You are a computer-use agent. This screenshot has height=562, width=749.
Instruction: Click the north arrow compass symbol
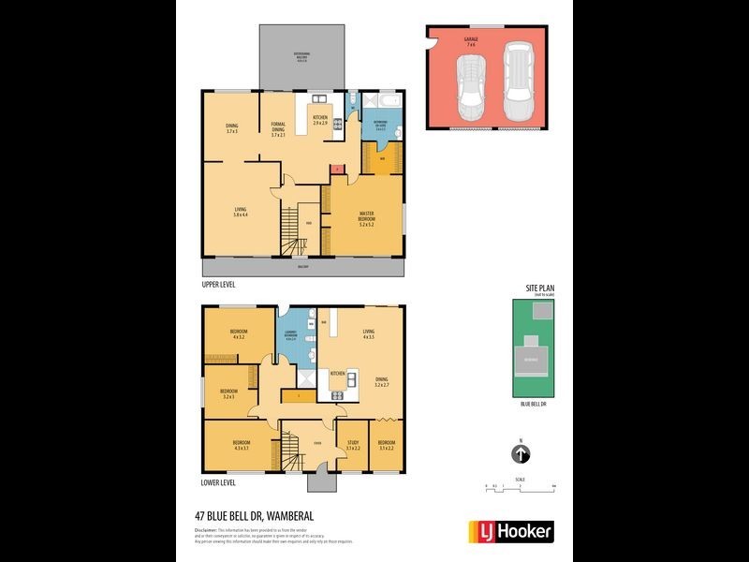(x=521, y=454)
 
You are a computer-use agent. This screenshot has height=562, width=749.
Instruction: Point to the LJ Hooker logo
(x=510, y=530)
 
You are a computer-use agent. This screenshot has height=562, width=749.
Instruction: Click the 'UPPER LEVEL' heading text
(x=218, y=283)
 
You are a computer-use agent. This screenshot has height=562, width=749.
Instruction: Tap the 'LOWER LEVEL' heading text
(x=218, y=483)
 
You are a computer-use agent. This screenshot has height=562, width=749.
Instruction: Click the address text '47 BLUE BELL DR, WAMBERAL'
(x=256, y=516)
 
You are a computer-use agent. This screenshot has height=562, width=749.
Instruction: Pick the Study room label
(x=353, y=445)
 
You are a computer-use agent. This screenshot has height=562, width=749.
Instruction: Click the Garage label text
(x=470, y=40)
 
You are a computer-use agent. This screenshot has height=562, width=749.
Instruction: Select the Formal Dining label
(x=277, y=131)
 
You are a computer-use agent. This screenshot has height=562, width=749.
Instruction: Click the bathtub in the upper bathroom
(x=387, y=98)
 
